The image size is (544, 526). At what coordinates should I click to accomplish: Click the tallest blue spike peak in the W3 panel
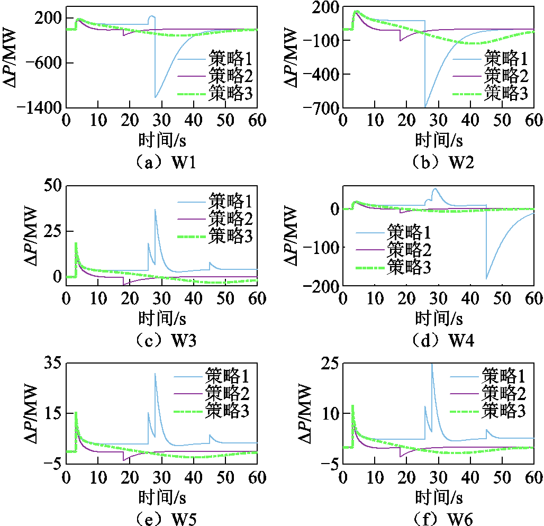[x=155, y=210]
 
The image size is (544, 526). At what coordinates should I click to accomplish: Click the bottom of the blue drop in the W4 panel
[x=486, y=278]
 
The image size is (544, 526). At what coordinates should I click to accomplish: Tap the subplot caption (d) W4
[x=439, y=341]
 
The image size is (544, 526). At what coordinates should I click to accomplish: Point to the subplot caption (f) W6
[x=439, y=519]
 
